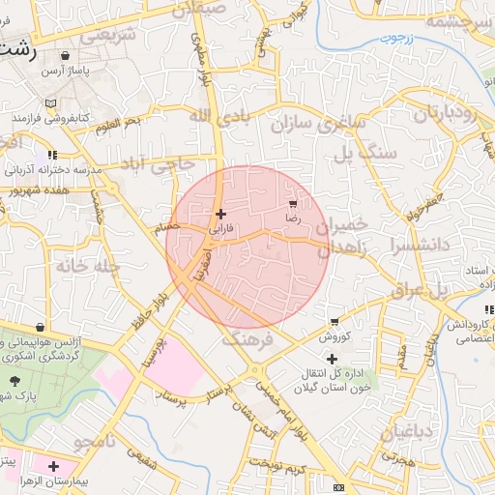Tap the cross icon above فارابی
[x=221, y=214]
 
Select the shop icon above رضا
[x=292, y=204]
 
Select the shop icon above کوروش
[x=335, y=322]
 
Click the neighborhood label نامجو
[x=95, y=443]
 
